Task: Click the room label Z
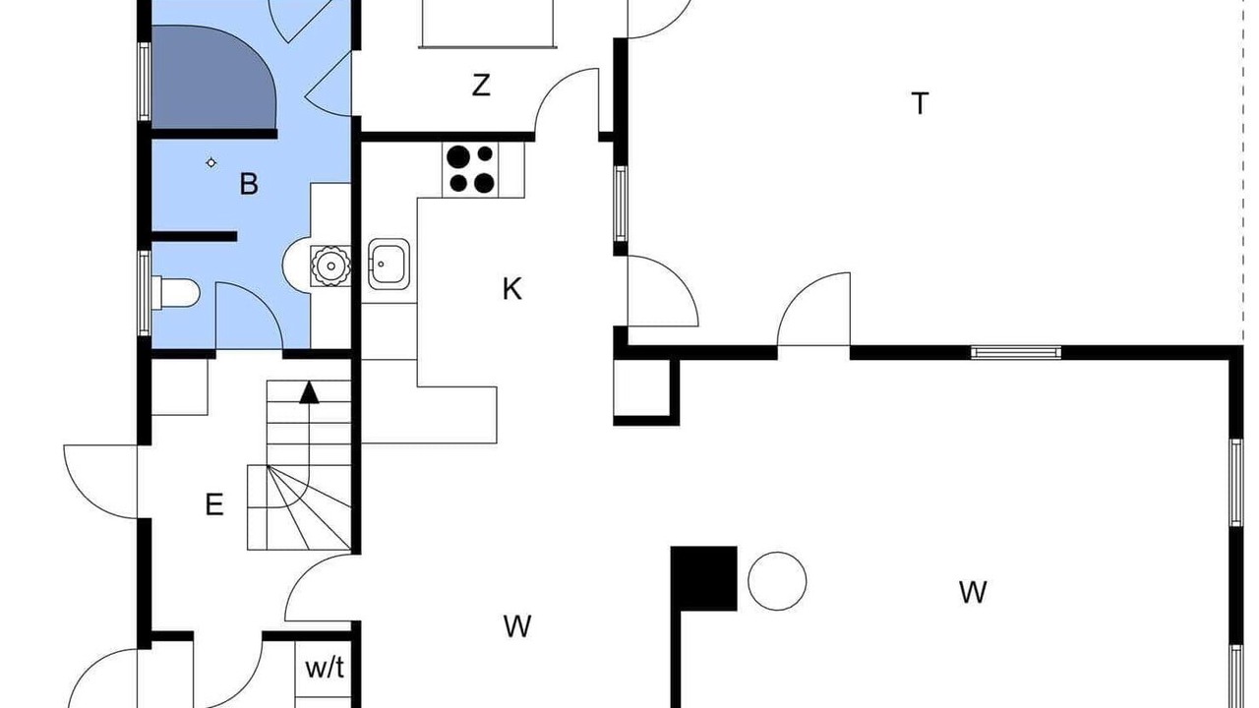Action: coord(481,86)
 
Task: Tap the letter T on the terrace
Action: coord(920,104)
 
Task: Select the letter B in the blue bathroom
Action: coord(249,184)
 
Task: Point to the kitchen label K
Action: coord(512,289)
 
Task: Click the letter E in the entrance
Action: coord(214,504)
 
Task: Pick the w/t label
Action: coord(325,669)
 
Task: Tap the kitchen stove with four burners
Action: coord(470,170)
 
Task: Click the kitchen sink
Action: coord(389,265)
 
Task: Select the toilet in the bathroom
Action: coord(176,292)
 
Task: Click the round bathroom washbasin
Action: coord(330,265)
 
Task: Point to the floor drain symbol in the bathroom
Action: coord(210,163)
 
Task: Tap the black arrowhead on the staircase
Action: coord(309,392)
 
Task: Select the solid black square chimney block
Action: coord(704,578)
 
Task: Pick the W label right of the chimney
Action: coord(973,592)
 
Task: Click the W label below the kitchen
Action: coord(517,626)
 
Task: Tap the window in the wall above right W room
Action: coord(1016,353)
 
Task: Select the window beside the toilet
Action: coord(145,292)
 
